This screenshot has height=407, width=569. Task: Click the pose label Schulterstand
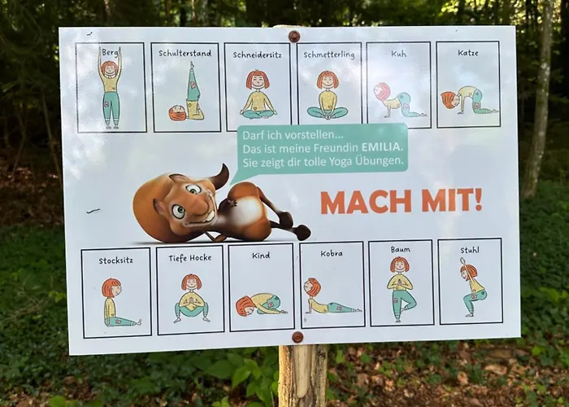coord(185,54)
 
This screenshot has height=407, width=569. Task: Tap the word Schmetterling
coord(328,55)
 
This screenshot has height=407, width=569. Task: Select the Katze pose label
coord(467,53)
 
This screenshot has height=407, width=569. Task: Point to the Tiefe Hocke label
coord(189,258)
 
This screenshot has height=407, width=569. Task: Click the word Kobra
coord(332,253)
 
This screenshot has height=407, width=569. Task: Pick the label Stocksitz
coord(115,260)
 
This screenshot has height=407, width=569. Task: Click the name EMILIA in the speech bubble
coord(382,148)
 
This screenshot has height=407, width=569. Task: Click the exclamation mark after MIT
coord(478,200)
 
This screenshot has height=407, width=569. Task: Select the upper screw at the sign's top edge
coord(294,36)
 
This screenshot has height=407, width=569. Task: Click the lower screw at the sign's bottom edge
coord(298,337)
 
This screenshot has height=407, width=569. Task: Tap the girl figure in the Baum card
coord(400,289)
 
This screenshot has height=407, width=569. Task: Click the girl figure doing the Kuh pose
coord(398,100)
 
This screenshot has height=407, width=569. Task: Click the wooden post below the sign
coord(302,375)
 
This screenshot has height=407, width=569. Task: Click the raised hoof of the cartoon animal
coord(303,232)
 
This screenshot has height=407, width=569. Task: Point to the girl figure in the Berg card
coord(111,88)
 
